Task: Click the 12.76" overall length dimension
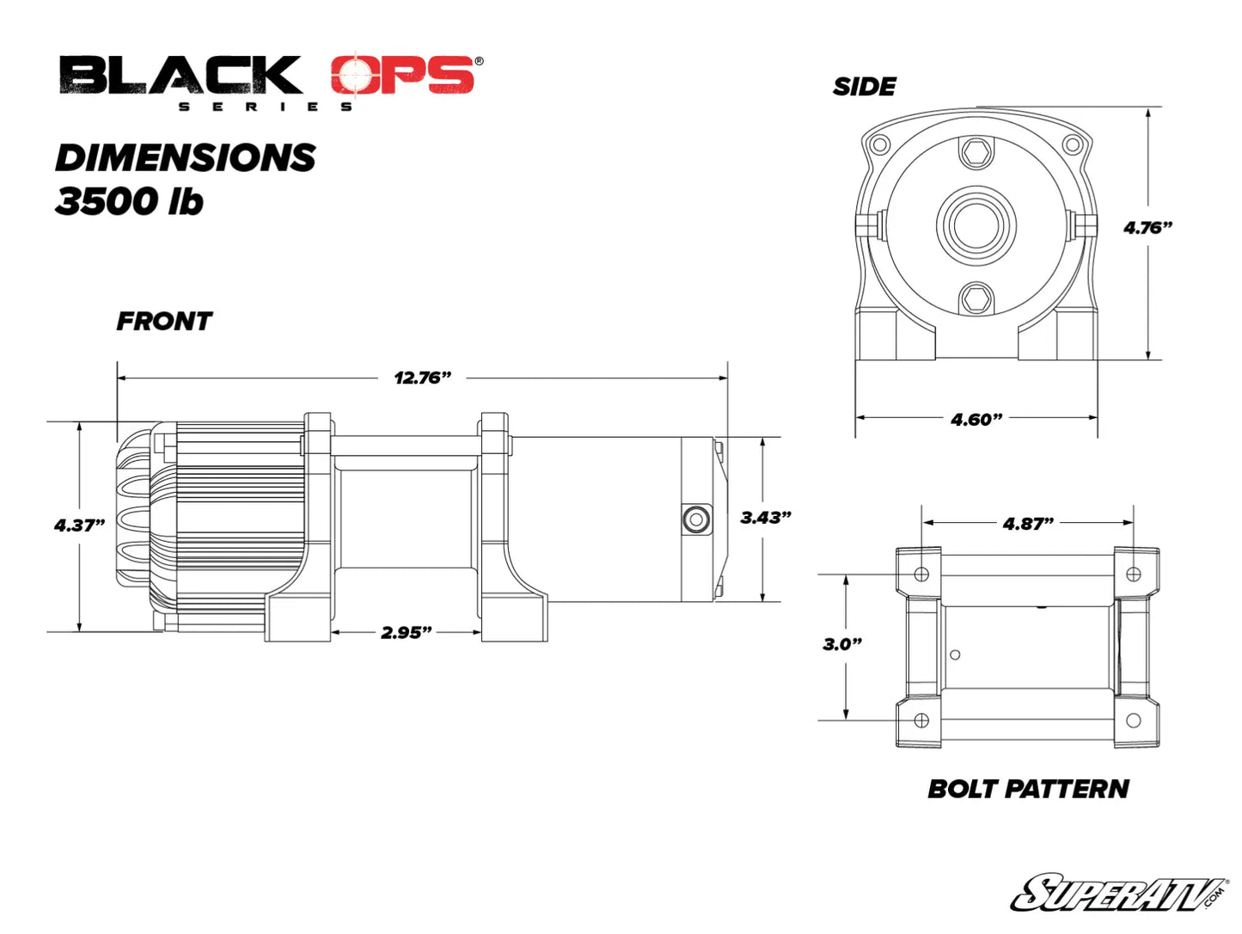pos(422,378)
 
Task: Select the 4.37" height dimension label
pos(79,525)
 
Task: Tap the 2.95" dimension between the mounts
pos(406,632)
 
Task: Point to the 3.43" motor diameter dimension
pos(765,518)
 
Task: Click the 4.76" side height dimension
pos(1147,228)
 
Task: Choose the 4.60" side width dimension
pos(976,420)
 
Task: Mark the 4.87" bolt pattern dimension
pos(1028,524)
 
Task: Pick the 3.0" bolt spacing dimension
pos(841,644)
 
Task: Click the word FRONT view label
pos(164,322)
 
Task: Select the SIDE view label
pos(864,87)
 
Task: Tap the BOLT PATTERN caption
pos(1028,789)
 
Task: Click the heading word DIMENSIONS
pos(186,158)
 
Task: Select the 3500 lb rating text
pos(129,201)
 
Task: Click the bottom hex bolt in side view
pos(976,300)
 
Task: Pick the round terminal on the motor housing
pos(694,519)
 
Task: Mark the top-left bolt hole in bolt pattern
pos(921,574)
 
